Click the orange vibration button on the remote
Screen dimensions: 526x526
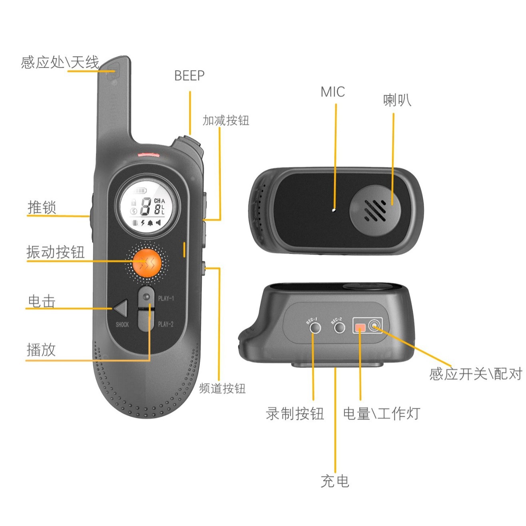pyautogui.click(x=147, y=262)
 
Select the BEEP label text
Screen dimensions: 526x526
pyautogui.click(x=189, y=76)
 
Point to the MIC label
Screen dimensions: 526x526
pyautogui.click(x=332, y=92)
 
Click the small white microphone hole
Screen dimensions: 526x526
pyautogui.click(x=334, y=209)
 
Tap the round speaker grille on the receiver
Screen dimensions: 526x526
pyautogui.click(x=375, y=210)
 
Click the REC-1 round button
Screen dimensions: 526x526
pyautogui.click(x=315, y=328)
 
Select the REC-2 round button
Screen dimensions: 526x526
pyautogui.click(x=339, y=328)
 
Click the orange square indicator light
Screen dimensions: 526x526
pyautogui.click(x=360, y=328)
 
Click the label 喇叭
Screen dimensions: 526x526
pyautogui.click(x=396, y=100)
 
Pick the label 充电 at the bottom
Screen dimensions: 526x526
pyautogui.click(x=335, y=481)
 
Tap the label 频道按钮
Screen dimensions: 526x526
pyautogui.click(x=222, y=388)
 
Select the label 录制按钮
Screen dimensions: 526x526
pyautogui.click(x=295, y=413)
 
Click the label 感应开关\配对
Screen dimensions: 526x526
pyautogui.click(x=476, y=374)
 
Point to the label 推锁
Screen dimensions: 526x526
pyautogui.click(x=42, y=208)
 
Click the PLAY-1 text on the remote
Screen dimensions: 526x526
pyautogui.click(x=166, y=298)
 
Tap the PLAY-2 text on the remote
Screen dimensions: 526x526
pyautogui.click(x=166, y=324)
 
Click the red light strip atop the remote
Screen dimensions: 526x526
pyautogui.click(x=148, y=154)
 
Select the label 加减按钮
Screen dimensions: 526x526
pyautogui.click(x=226, y=120)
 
